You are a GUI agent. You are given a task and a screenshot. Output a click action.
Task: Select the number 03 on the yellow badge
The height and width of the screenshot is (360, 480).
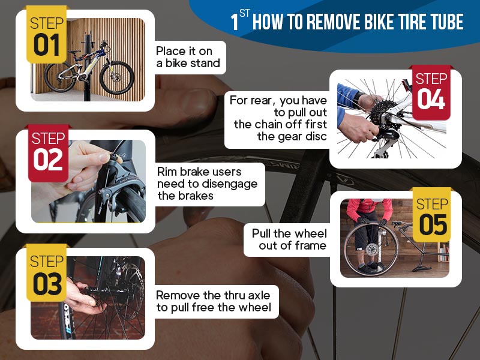46,284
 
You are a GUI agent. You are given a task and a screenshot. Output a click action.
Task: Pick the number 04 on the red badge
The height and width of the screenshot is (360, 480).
431,100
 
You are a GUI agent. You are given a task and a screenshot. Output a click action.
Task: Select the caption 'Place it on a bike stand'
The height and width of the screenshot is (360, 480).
188,57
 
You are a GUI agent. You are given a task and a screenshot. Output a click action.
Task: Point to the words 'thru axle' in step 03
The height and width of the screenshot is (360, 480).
243,295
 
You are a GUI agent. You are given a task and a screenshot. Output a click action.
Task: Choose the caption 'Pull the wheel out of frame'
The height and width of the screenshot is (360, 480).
289,239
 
